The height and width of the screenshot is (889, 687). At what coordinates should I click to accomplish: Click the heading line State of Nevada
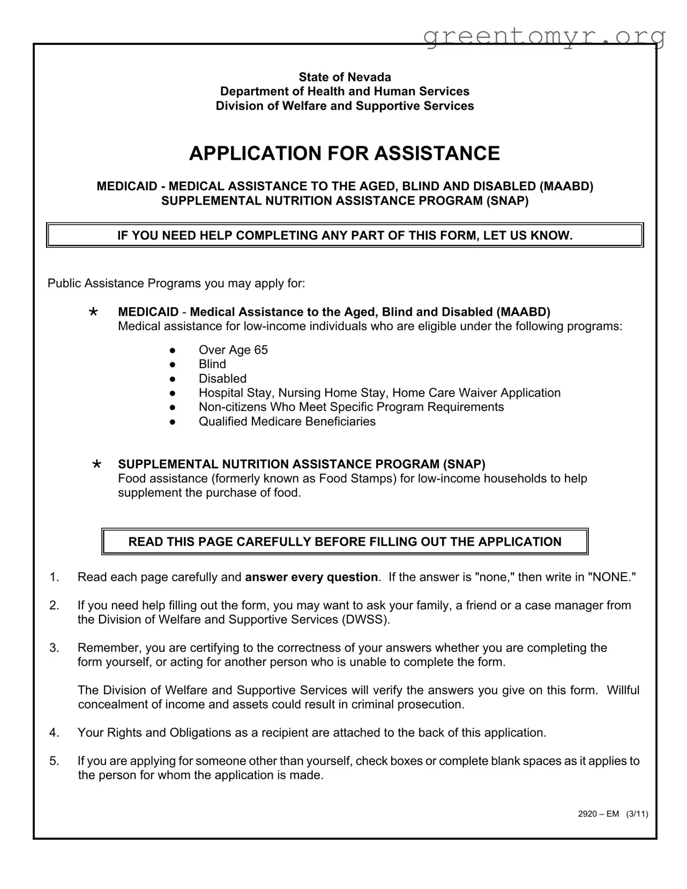(x=345, y=77)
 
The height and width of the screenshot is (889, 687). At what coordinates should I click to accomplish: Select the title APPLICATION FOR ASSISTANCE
(x=345, y=153)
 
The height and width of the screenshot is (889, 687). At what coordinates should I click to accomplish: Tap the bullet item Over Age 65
(x=233, y=350)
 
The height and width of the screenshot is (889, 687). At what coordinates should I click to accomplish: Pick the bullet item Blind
(x=212, y=364)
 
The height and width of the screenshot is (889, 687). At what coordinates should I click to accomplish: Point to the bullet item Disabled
(x=222, y=379)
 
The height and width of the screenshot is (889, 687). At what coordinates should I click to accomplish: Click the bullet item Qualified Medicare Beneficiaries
(x=287, y=422)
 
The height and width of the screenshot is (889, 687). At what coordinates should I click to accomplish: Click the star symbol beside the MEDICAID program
(x=94, y=312)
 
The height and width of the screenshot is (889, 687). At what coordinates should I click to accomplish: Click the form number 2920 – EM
(x=599, y=814)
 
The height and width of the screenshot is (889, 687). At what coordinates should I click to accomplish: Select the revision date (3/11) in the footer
(x=637, y=814)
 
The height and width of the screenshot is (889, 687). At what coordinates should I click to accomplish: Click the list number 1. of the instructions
(x=54, y=577)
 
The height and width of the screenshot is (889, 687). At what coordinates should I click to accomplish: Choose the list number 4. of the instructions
(x=54, y=733)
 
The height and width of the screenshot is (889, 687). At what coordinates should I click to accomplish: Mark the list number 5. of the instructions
(x=54, y=761)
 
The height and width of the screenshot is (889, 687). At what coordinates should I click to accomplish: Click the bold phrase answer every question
(x=311, y=577)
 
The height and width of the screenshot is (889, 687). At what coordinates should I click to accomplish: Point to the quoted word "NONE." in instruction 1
(x=612, y=577)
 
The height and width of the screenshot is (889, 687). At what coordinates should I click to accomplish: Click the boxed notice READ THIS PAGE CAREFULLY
(x=345, y=542)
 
